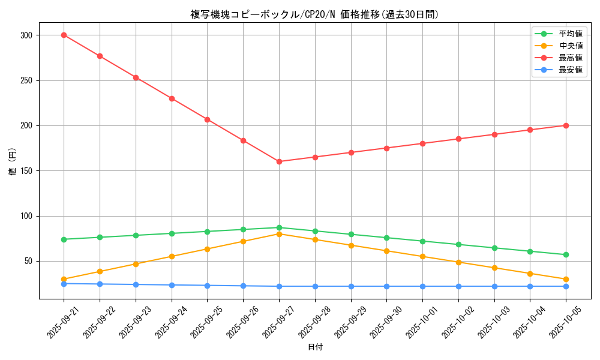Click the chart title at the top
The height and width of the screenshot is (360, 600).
coord(314,14)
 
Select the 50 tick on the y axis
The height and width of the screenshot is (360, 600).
coord(28,262)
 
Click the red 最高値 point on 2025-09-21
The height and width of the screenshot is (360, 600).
coord(64,35)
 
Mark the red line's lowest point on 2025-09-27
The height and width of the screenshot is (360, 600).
coord(279,161)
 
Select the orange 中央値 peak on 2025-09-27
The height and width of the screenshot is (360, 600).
coord(279,234)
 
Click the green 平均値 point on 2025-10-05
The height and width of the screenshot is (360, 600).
coord(566,255)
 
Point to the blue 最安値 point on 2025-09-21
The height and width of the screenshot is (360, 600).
coord(64,284)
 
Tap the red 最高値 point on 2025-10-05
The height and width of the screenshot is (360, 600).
coord(566,125)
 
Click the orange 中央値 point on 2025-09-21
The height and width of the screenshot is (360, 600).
coord(64,279)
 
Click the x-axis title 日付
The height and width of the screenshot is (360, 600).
coord(314,347)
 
